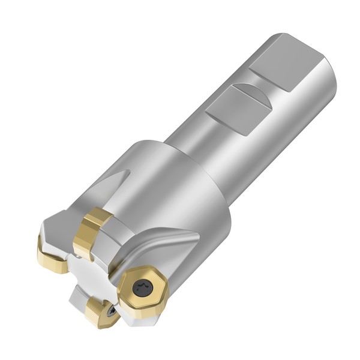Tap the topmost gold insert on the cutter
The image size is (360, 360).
pos(92,232)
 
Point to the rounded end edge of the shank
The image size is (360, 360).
pos(327,66)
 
